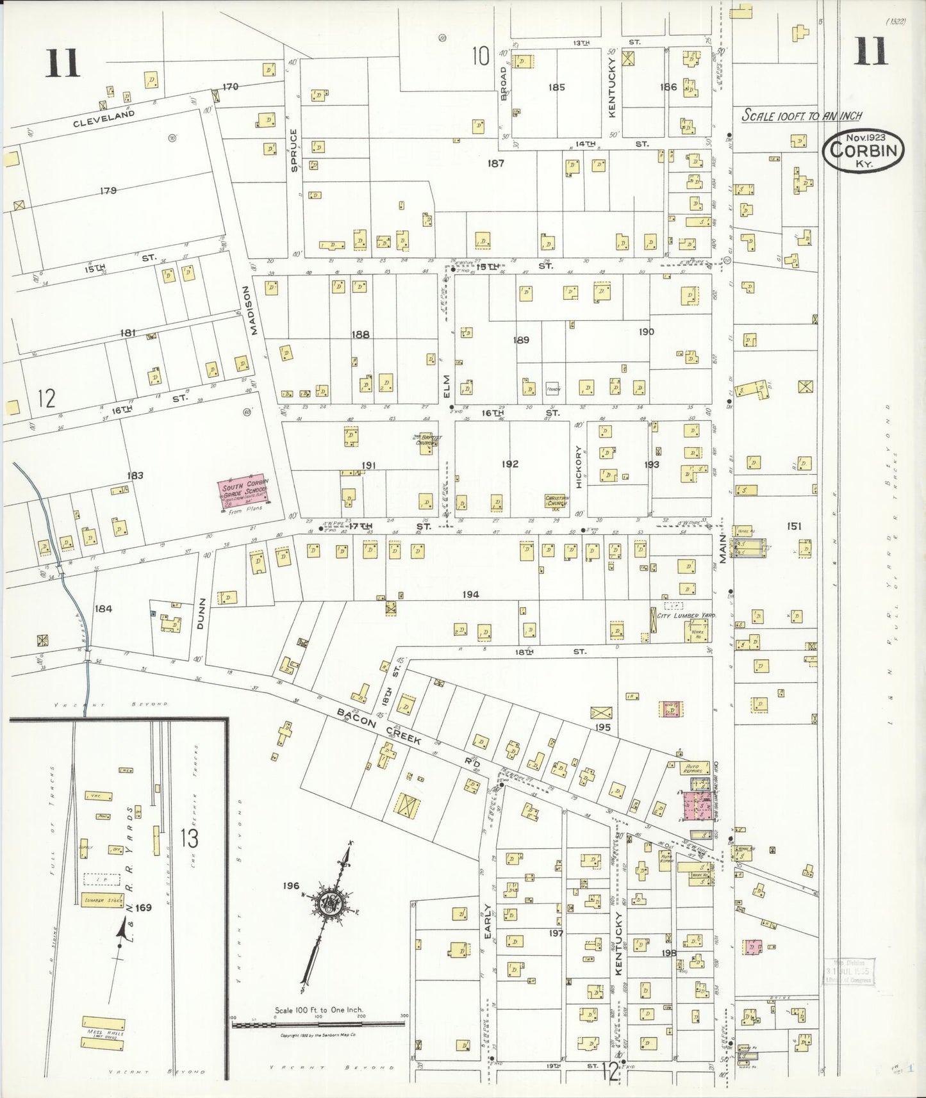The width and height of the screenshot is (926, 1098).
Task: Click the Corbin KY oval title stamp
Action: pos(864,151)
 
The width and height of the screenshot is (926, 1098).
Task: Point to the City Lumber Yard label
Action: pos(685,615)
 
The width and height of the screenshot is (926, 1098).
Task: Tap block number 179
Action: pos(108,190)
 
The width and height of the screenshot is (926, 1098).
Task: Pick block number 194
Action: pos(470,595)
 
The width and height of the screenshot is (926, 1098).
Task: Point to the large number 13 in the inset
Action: pos(190,838)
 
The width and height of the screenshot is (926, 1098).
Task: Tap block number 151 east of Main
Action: pos(794,526)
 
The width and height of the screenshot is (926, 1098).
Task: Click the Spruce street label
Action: pos(294,151)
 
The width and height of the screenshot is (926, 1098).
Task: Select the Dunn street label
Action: pos(201,614)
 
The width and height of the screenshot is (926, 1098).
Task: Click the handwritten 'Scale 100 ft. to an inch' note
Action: pos(802,116)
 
